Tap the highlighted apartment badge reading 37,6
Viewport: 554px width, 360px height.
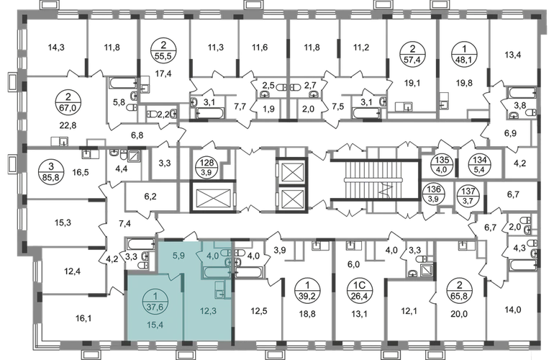(x=155, y=302)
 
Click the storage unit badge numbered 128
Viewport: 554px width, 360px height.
(x=207, y=167)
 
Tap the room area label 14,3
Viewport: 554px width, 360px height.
(x=56, y=47)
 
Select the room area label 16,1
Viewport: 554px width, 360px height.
(x=83, y=319)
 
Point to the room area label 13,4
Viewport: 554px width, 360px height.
(x=513, y=55)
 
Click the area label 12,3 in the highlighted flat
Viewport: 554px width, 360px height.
(x=208, y=311)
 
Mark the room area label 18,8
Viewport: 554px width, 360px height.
(x=307, y=314)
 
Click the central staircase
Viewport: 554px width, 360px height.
(x=376, y=180)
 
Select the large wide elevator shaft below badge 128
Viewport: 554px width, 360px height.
(x=213, y=197)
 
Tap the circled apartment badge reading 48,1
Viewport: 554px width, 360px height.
(x=464, y=55)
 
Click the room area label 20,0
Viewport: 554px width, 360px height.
(x=459, y=314)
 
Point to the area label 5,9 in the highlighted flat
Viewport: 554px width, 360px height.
(x=179, y=255)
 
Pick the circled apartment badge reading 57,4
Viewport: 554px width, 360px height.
(x=412, y=55)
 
